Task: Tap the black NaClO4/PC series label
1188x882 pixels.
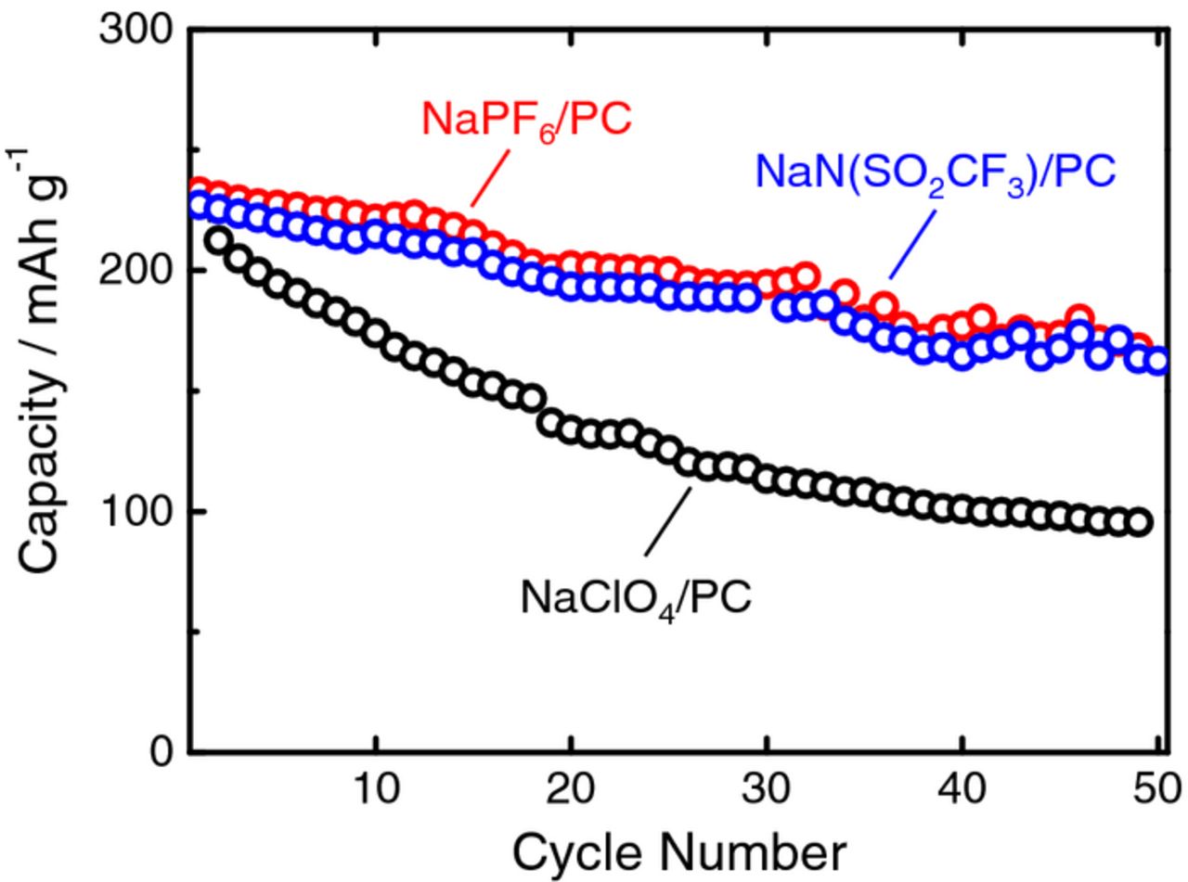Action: click(635, 597)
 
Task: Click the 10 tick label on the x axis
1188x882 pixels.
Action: click(375, 789)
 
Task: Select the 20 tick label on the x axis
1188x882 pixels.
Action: click(571, 789)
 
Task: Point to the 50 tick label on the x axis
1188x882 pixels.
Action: click(1155, 789)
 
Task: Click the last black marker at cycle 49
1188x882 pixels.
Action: click(1140, 522)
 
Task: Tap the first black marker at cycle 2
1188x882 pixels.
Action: click(217, 241)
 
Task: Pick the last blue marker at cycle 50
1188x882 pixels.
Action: click(1157, 362)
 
